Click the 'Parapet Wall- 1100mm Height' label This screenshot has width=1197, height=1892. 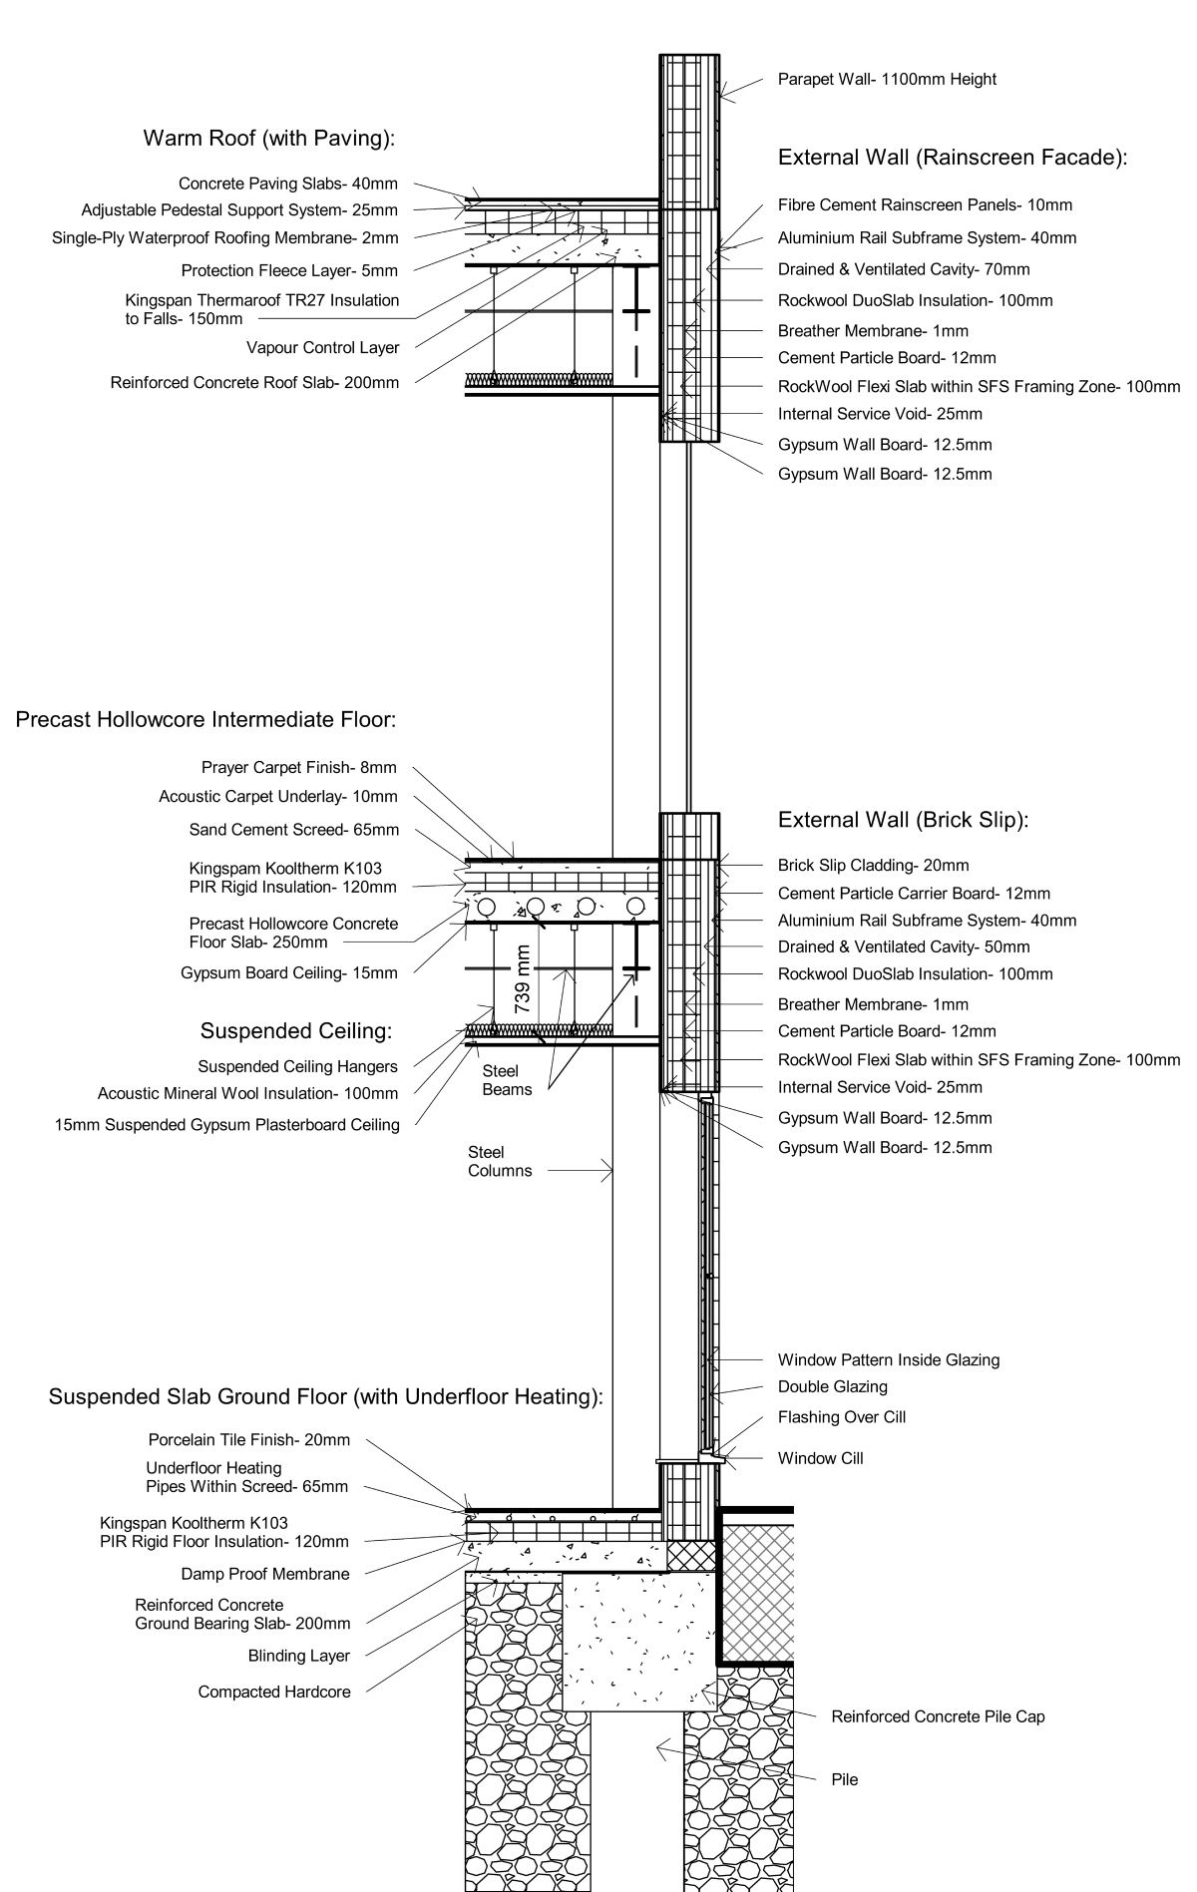887,80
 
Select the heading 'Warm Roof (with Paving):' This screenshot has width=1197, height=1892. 269,139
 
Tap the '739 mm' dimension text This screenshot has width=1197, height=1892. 522,980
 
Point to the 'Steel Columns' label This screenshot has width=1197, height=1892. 500,1161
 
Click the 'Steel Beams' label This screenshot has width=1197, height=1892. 507,1079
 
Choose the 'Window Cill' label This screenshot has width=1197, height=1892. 821,1458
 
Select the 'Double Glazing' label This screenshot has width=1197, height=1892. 833,1386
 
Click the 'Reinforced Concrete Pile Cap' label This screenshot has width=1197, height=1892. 938,1716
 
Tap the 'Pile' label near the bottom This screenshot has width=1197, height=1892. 844,1779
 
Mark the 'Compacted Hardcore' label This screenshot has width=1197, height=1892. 274,1692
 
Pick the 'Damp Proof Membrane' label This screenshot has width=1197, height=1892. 265,1574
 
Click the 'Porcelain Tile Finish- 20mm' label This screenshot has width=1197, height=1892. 249,1440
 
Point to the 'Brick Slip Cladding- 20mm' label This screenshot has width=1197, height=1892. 874,866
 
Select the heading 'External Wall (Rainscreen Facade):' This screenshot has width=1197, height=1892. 953,158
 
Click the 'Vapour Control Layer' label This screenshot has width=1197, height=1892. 322,348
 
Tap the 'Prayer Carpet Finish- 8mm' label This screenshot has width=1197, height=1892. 299,768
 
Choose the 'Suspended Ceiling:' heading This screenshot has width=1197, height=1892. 296,1030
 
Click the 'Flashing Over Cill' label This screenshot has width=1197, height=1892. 842,1417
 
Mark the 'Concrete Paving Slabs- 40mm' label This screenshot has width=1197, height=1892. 288,184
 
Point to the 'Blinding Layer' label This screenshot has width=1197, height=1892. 299,1656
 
